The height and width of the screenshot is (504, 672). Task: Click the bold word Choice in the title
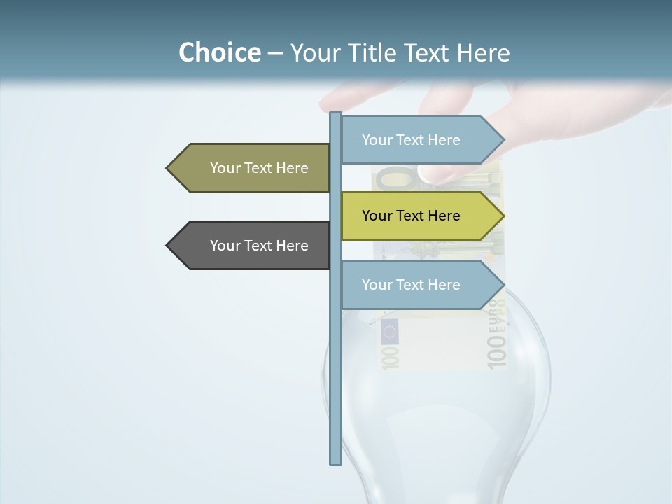click(219, 52)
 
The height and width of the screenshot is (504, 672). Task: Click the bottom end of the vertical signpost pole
click(335, 462)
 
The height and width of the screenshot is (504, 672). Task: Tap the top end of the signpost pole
click(335, 114)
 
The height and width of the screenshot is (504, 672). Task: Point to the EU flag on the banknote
click(389, 331)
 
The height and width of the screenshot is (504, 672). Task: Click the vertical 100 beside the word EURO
click(496, 351)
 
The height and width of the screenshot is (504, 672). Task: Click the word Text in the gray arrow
click(259, 246)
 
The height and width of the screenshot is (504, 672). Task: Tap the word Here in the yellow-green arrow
click(442, 216)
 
